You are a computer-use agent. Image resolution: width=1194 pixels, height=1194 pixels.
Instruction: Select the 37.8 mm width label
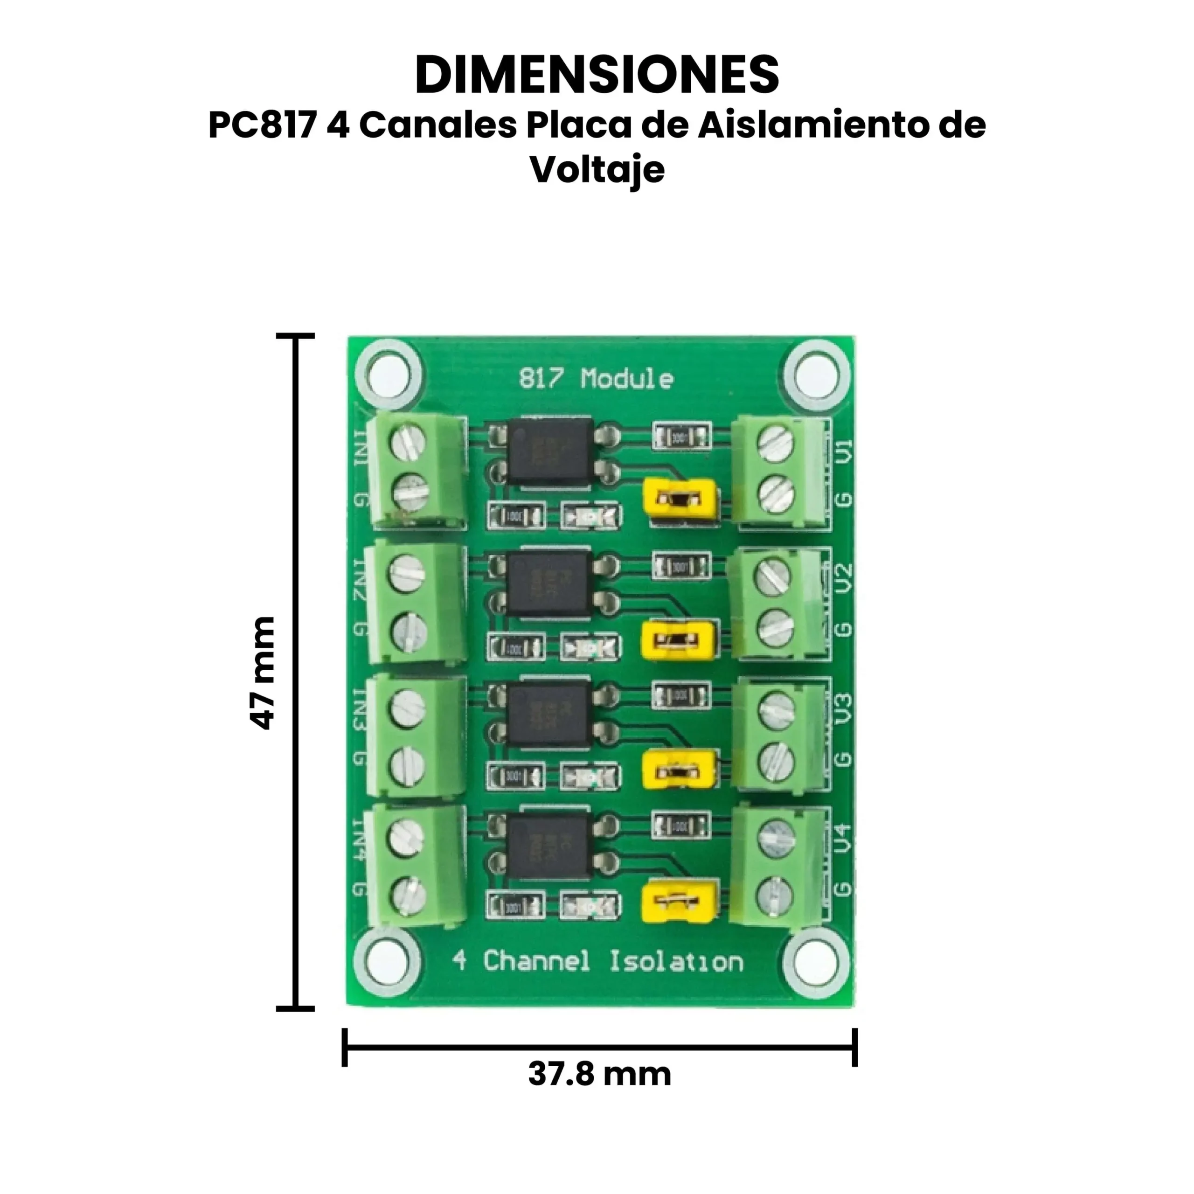[599, 1074]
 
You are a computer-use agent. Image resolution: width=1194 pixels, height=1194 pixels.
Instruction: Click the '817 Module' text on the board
[597, 378]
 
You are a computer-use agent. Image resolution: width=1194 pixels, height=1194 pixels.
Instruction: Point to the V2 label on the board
[844, 577]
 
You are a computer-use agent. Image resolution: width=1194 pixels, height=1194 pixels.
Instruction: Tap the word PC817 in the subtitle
[263, 125]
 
